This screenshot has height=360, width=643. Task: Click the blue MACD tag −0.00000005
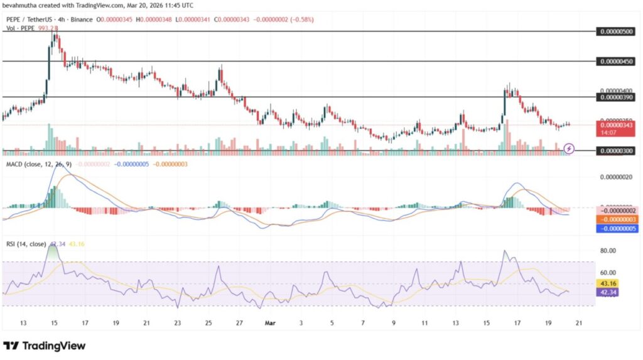(618, 229)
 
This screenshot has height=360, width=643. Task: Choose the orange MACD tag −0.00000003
(618, 219)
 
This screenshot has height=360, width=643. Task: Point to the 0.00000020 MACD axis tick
(618, 177)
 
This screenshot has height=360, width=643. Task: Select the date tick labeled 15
(54, 323)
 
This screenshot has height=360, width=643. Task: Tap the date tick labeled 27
(239, 323)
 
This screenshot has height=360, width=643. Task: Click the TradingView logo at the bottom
(45, 346)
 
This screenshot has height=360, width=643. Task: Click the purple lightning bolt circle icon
(569, 148)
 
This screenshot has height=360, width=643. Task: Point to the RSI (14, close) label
(26, 245)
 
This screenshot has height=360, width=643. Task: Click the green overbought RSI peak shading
(53, 254)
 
